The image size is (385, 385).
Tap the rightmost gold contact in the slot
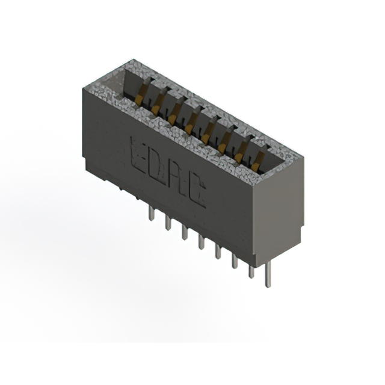[x=259, y=159]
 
